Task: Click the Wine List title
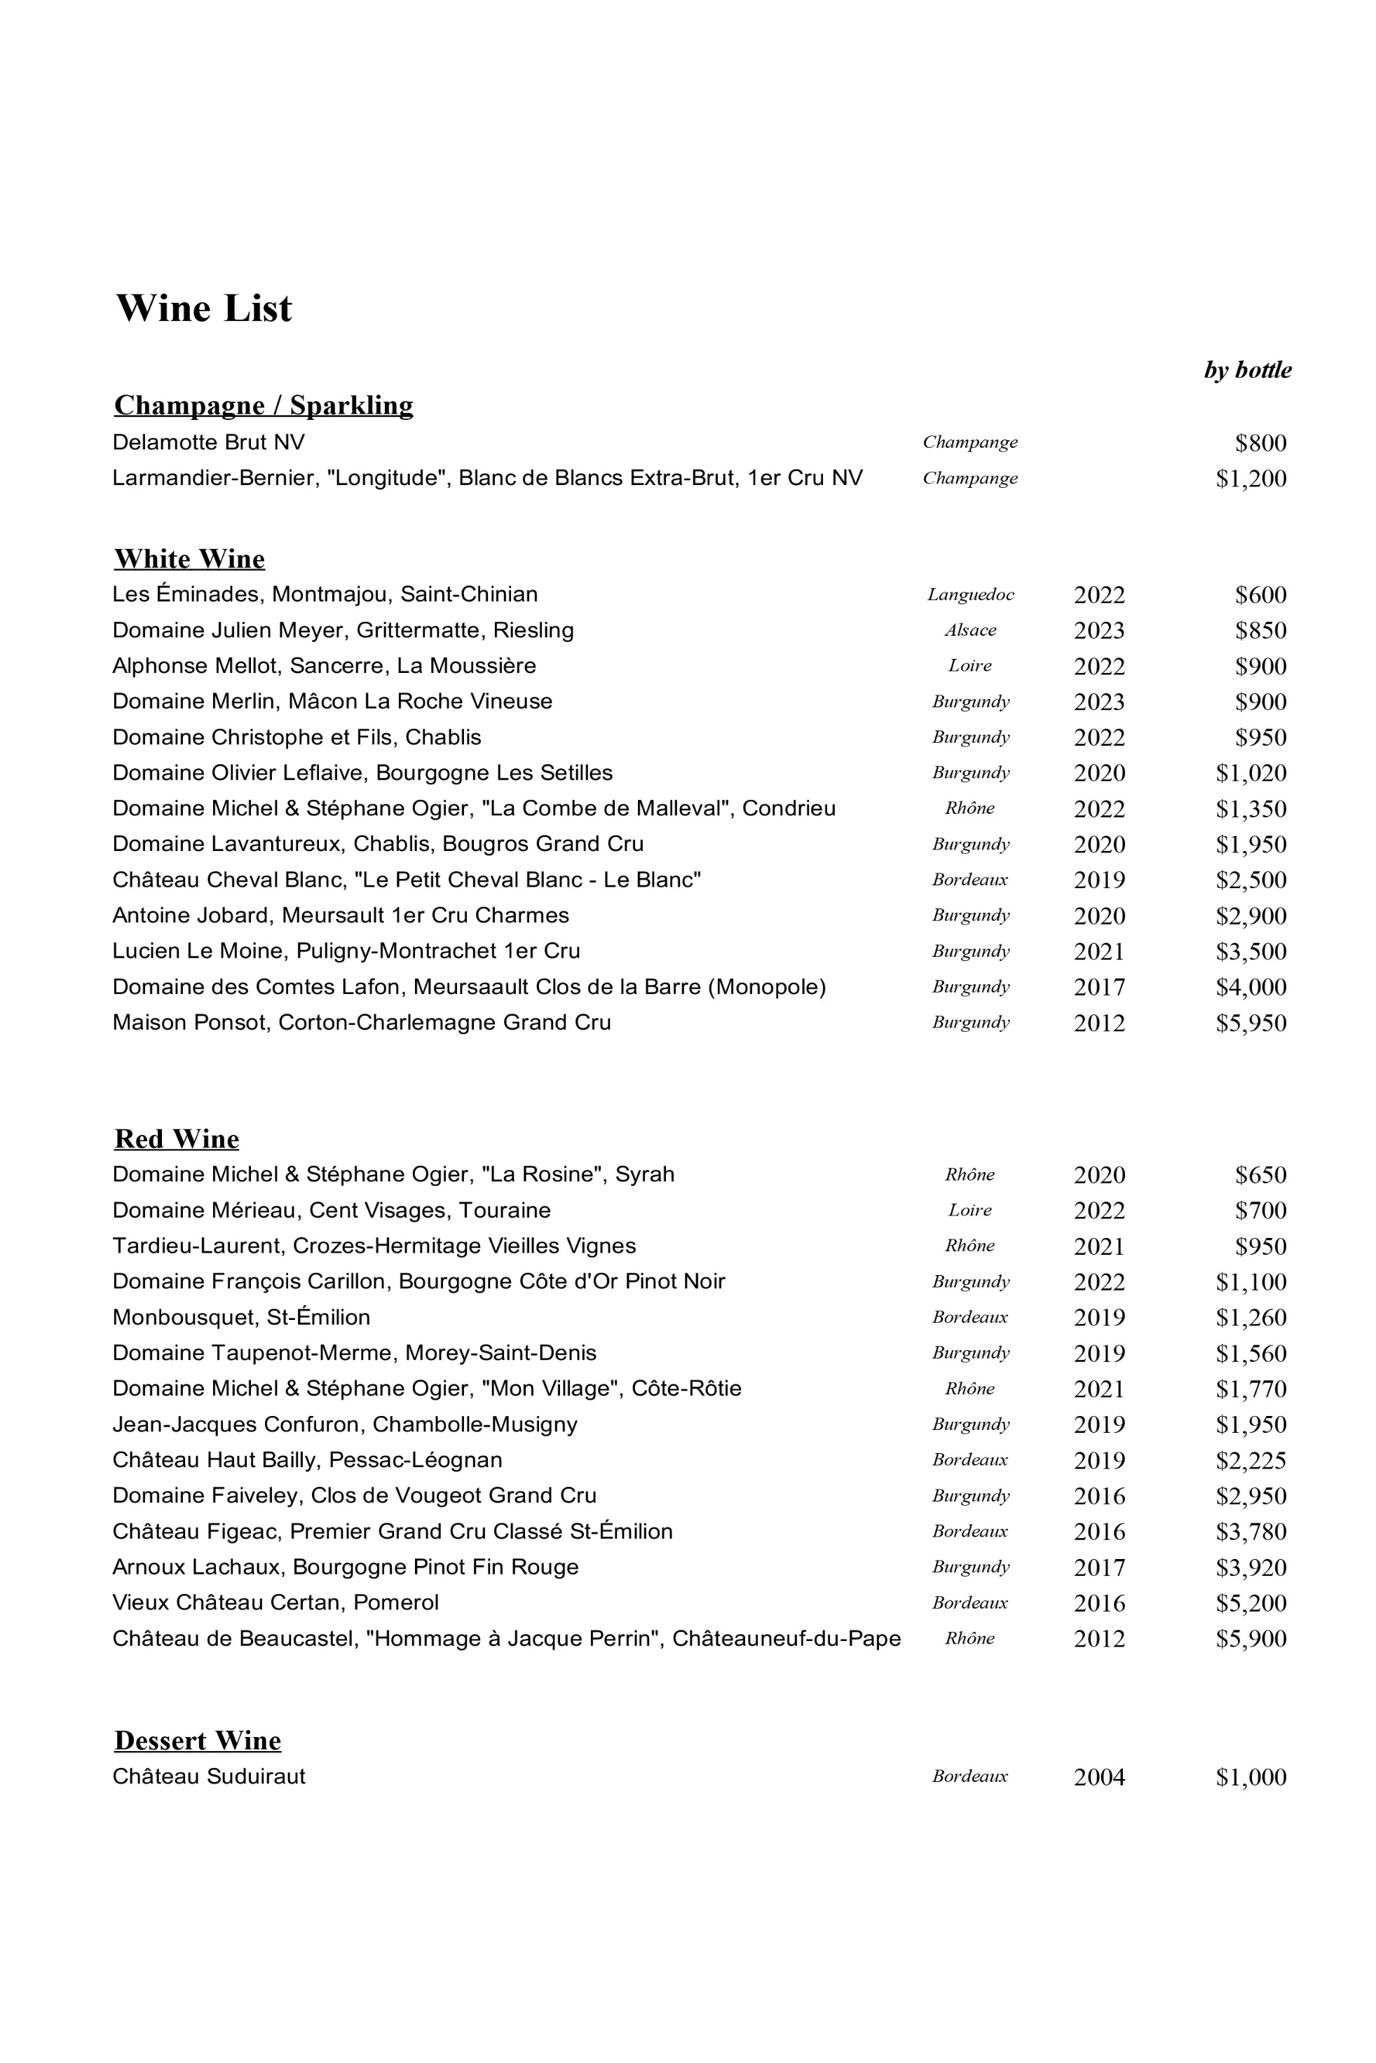[203, 308]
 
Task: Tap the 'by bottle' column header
[1247, 369]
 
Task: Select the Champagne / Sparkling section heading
[264, 405]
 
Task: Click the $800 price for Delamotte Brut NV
[1260, 442]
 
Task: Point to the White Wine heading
[189, 559]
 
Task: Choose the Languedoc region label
[969, 595]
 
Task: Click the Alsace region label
[969, 630]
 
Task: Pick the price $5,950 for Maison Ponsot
[1251, 1023]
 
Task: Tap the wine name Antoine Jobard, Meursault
[341, 915]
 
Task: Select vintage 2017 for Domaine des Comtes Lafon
[1098, 987]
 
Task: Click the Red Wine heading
[177, 1139]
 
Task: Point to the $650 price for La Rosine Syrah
[1260, 1175]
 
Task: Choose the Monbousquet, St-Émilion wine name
[241, 1317]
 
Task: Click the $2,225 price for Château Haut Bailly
[1251, 1460]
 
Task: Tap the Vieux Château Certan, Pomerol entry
[275, 1602]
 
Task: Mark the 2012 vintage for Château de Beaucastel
[1098, 1638]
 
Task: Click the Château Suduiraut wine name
[209, 1776]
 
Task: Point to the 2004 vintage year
[1098, 1777]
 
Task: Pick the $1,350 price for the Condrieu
[1251, 809]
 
